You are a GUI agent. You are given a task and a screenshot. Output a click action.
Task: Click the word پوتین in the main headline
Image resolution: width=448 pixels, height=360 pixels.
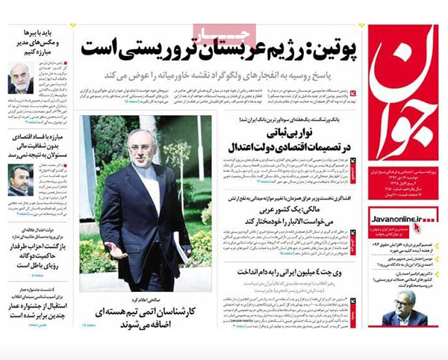[x=331, y=49]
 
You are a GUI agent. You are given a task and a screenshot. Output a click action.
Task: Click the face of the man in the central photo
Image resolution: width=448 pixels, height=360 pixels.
[x=142, y=146]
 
